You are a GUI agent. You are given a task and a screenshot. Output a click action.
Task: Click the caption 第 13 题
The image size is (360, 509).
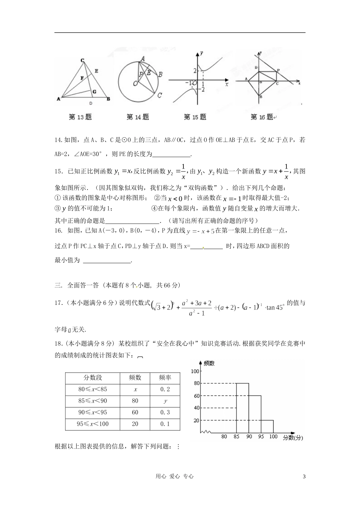[80, 117]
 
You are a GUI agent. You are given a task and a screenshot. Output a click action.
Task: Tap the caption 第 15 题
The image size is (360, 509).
[195, 117]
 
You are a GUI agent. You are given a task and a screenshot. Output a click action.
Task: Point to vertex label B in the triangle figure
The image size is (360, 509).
[108, 99]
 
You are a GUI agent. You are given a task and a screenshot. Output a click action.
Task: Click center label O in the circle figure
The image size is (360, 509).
[135, 83]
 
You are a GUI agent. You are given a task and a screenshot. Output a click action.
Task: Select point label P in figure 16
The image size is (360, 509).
[278, 70]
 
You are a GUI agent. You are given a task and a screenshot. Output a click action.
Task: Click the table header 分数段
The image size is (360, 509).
[92, 378]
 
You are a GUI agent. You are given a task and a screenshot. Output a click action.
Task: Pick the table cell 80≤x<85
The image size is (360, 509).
[92, 389]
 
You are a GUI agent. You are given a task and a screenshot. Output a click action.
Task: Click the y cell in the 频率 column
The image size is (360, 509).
[165, 401]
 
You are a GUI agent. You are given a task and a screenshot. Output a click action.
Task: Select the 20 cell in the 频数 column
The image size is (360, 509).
[135, 424]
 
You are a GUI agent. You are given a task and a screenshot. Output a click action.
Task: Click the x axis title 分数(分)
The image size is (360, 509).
[293, 437]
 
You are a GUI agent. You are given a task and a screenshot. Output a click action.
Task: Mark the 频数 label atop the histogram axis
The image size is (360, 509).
[209, 363]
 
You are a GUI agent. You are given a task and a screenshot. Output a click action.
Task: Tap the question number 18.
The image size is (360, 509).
[59, 344]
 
